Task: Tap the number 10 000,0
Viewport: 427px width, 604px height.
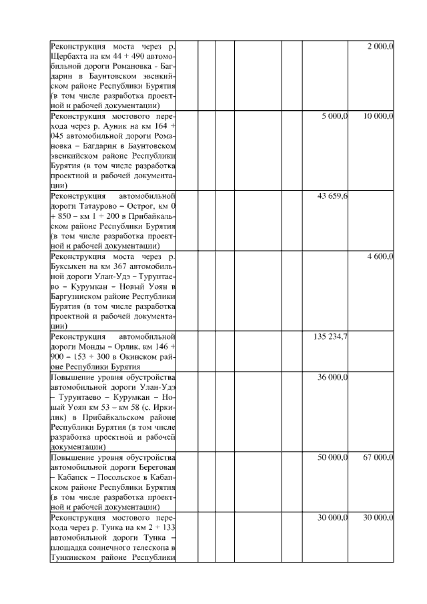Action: [x=379, y=116]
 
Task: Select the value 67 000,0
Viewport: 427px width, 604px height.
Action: [x=379, y=457]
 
